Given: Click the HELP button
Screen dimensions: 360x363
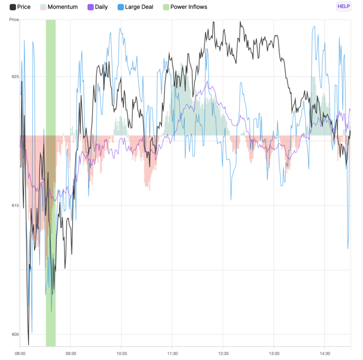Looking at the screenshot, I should [344, 6].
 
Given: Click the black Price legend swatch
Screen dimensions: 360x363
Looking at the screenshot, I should [13, 7].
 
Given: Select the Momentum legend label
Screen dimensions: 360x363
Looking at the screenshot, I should [63, 7].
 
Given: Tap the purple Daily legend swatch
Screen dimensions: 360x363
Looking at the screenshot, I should [90, 7].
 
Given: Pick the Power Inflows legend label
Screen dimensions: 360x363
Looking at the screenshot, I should [189, 7].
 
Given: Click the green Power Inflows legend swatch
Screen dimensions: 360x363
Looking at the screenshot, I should [166, 7].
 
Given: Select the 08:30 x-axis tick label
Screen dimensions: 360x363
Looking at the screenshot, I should [20, 353].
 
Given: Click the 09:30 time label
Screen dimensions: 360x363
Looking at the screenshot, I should [71, 353].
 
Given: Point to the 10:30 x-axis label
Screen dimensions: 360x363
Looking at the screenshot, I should [121, 353].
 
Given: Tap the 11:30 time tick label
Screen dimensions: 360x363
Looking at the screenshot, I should [172, 353].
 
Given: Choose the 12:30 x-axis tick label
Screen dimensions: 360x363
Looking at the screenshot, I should [223, 353].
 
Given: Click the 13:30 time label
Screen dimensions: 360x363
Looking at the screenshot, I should [274, 353].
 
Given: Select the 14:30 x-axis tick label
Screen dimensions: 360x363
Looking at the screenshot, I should [324, 353].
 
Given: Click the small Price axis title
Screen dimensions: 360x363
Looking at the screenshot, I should [14, 20].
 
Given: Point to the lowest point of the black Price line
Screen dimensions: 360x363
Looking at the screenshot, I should [28, 344].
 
